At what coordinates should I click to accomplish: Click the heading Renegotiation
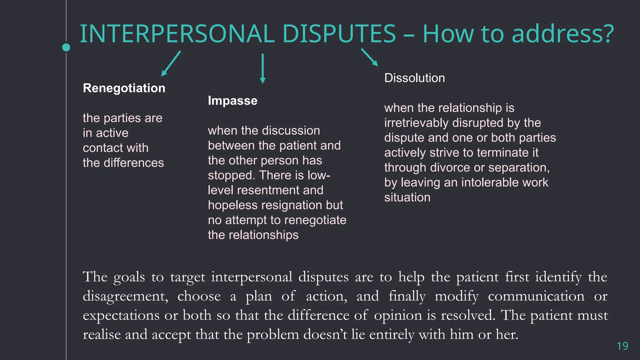pos(124,88)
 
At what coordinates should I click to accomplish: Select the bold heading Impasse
pos(232,101)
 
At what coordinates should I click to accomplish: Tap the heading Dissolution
pos(414,78)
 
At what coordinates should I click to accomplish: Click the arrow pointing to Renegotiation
pos(171,64)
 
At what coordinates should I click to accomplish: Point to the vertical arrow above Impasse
pos(263,68)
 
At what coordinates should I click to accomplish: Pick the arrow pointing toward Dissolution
pos(369,57)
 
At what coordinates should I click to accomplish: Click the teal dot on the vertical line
pos(66,47)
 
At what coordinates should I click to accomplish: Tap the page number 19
pos(622,346)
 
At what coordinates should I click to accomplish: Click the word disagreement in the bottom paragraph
pos(125,296)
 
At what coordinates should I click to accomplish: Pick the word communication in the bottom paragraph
pos(536,296)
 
